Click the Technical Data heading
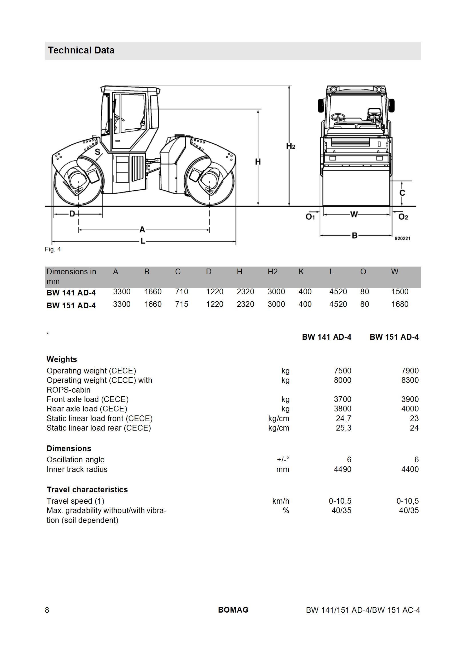pyautogui.click(x=81, y=50)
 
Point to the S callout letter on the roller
pyautogui.click(x=97, y=152)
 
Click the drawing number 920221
pyautogui.click(x=403, y=238)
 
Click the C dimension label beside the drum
pyautogui.click(x=403, y=193)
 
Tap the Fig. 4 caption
pyautogui.click(x=53, y=249)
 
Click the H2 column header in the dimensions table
pyautogui.click(x=272, y=272)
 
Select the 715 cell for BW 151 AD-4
pyautogui.click(x=182, y=304)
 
